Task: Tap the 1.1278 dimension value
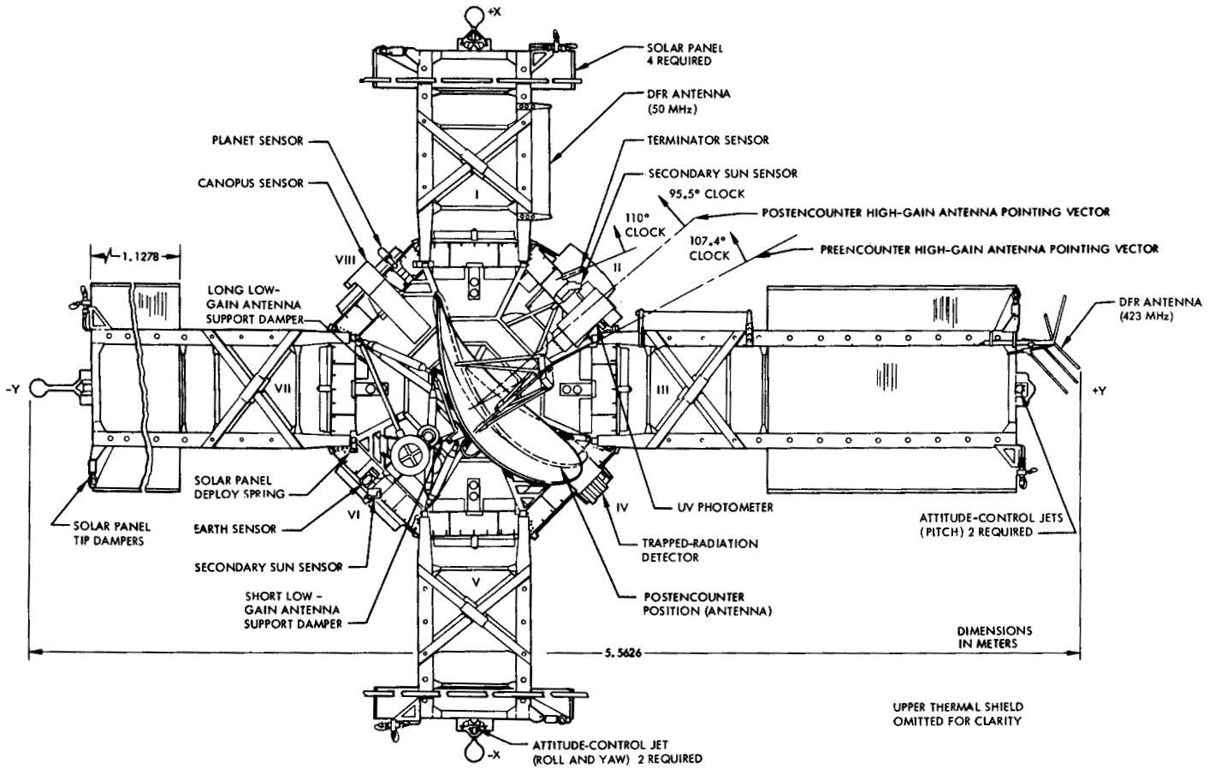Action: click(139, 254)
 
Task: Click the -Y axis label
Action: click(11, 390)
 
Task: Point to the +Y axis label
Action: click(1099, 390)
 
